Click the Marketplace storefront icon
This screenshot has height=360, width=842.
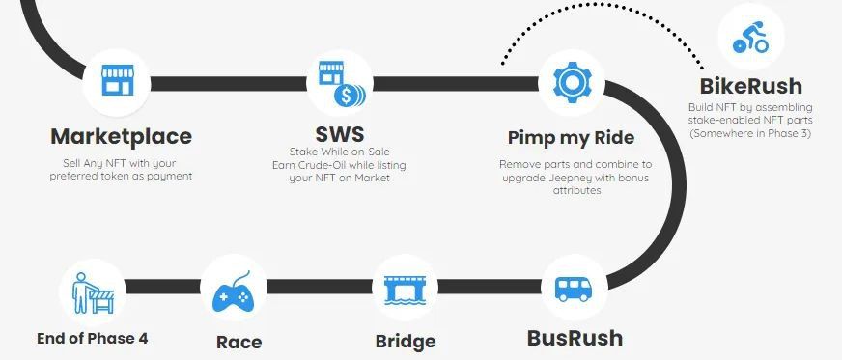[x=118, y=80]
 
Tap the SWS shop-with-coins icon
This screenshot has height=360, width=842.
[x=342, y=84]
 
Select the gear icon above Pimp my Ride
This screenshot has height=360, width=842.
[x=572, y=82]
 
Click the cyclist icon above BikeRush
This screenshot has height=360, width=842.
[x=750, y=37]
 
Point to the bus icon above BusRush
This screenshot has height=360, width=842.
[x=573, y=290]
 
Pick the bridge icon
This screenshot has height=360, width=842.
[x=405, y=291]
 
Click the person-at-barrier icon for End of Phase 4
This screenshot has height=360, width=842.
[x=94, y=293]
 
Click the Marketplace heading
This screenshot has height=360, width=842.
[x=122, y=136]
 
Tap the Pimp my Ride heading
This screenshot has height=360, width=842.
[x=572, y=138]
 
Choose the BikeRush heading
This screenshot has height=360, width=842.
[x=750, y=86]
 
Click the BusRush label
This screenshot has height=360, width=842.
[x=575, y=338]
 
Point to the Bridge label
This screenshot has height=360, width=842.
[x=406, y=342]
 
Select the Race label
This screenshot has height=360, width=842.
[x=239, y=342]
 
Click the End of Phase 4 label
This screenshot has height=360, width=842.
[x=93, y=339]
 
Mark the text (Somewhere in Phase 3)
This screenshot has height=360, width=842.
[x=750, y=133]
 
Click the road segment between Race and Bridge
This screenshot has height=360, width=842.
[x=320, y=287]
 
